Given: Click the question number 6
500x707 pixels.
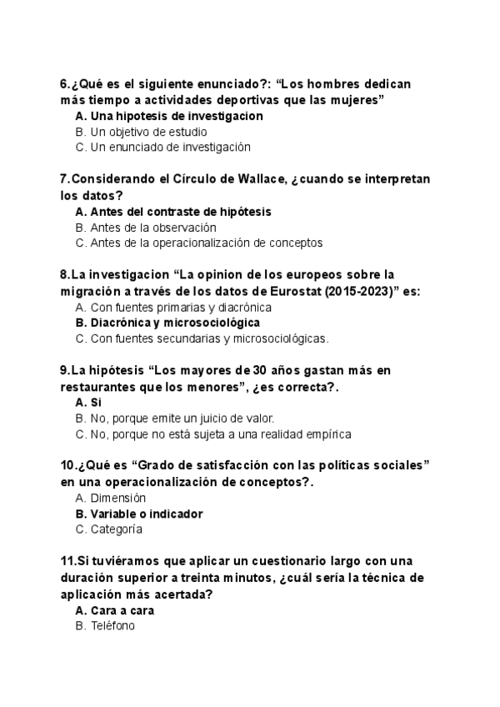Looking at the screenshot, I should click(64, 84).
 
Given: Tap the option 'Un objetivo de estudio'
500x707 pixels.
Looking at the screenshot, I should click(148, 132).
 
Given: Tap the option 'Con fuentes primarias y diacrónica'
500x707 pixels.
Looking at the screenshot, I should click(181, 307).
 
